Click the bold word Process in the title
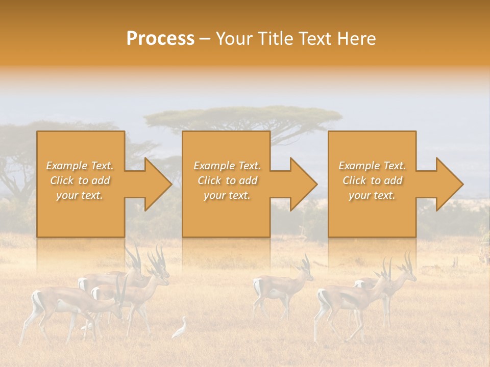[160, 38]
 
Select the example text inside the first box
[80, 180]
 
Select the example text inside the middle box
[227, 180]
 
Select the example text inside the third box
[372, 180]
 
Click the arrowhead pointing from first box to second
[156, 184]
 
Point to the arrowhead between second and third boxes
[302, 184]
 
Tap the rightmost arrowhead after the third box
[448, 184]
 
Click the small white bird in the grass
[180, 329]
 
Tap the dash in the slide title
[205, 39]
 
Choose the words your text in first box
[80, 195]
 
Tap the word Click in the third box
[354, 180]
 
